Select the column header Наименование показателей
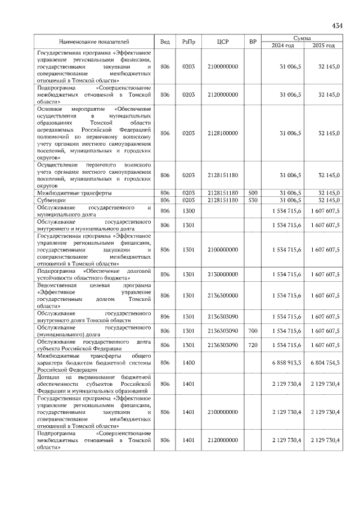94,42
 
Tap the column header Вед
165,42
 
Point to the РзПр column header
188,42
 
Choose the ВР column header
253,42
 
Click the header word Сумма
301,37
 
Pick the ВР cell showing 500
253,192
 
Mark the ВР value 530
253,200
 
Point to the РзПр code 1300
188,210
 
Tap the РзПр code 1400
188,363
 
